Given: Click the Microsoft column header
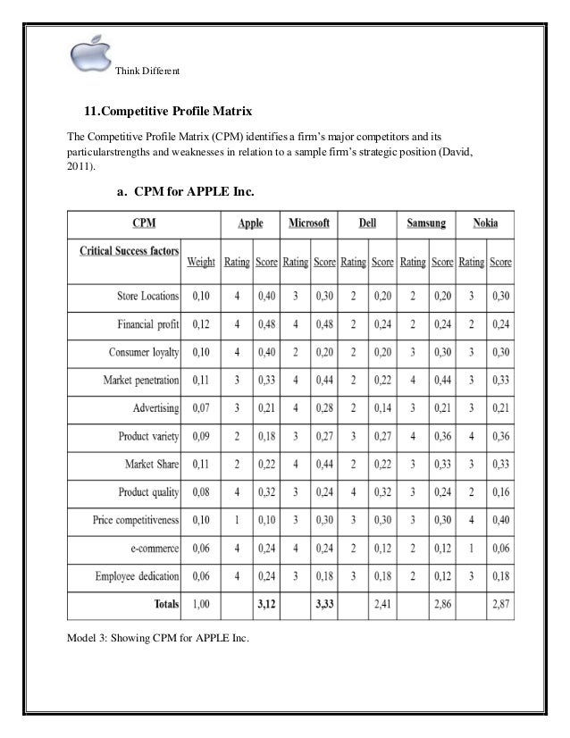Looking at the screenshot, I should click(309, 222).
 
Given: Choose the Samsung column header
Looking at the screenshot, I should click(426, 222).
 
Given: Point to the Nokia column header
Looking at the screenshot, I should click(487, 222).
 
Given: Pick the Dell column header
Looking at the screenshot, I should click(367, 222).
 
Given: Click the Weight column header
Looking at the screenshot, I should click(200, 263).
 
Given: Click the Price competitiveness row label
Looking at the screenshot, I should click(136, 519).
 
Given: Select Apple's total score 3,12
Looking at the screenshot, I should click(265, 603).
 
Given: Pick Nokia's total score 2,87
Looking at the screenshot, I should click(500, 603).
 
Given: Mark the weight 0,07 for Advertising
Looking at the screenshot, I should click(200, 407).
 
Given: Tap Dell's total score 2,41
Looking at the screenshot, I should click(382, 603).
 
